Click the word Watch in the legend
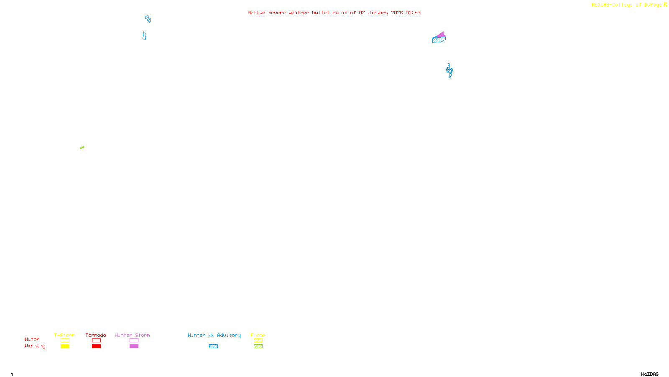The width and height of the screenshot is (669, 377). pyautogui.click(x=32, y=339)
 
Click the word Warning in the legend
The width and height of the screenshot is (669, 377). pyautogui.click(x=35, y=346)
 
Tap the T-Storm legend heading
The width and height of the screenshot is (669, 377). pyautogui.click(x=64, y=335)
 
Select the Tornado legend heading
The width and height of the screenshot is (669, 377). pyautogui.click(x=96, y=335)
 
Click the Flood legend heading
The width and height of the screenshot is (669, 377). pyautogui.click(x=258, y=335)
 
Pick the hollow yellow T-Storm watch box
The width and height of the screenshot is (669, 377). pyautogui.click(x=65, y=341)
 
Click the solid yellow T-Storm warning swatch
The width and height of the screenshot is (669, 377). pyautogui.click(x=65, y=346)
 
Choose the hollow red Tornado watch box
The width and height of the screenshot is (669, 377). pyautogui.click(x=96, y=341)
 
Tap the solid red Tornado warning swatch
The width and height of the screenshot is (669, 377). pyautogui.click(x=96, y=346)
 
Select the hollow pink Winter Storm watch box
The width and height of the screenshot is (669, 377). pyautogui.click(x=134, y=341)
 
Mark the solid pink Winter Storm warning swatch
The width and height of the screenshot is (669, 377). pyautogui.click(x=134, y=346)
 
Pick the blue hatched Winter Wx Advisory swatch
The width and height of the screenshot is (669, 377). pyautogui.click(x=213, y=346)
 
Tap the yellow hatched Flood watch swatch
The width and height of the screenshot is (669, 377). pyautogui.click(x=258, y=341)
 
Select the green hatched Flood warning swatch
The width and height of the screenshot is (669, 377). pyautogui.click(x=258, y=346)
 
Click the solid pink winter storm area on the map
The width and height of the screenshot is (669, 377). pyautogui.click(x=441, y=35)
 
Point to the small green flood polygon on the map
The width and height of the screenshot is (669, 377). pyautogui.click(x=82, y=147)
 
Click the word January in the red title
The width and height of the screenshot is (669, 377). pyautogui.click(x=378, y=13)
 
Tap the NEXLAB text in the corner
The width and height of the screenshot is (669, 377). pyautogui.click(x=600, y=5)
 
